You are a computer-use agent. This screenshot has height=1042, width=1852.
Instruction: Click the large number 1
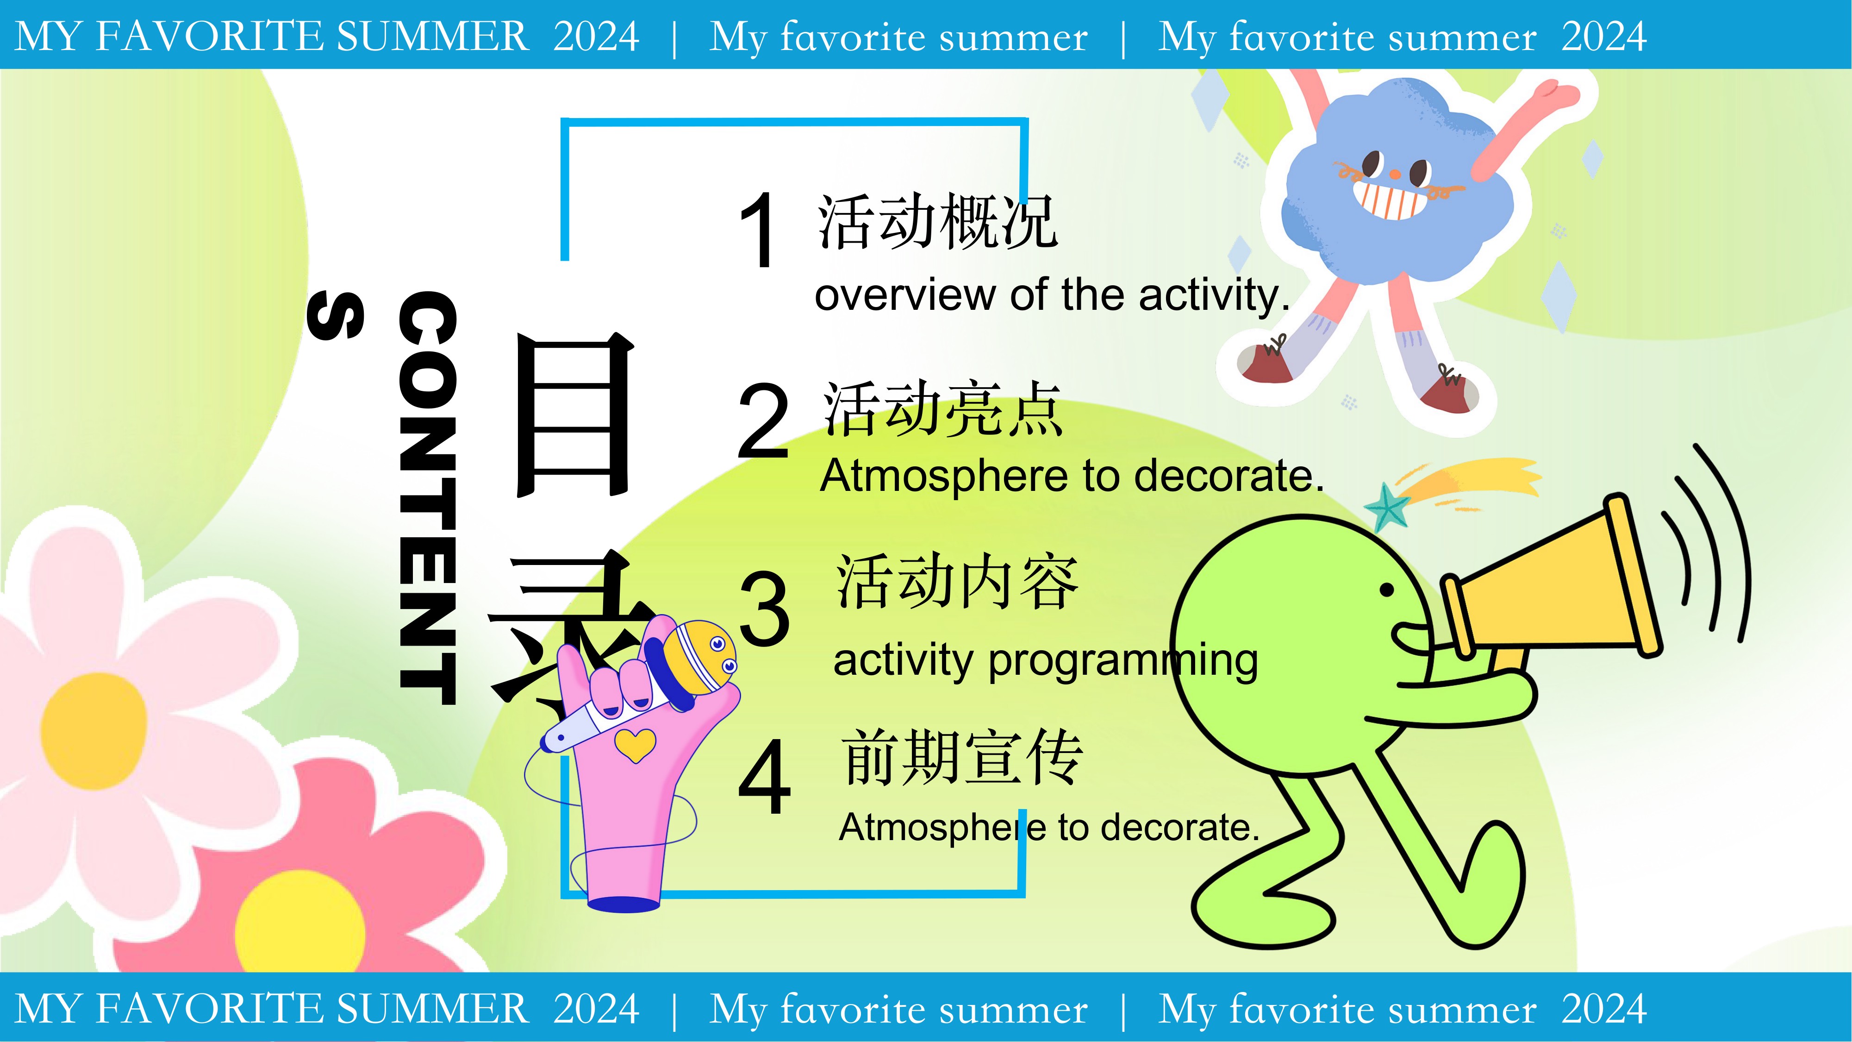(757, 230)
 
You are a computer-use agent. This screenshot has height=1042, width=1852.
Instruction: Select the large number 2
(763, 421)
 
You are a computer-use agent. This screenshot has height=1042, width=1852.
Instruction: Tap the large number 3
(764, 607)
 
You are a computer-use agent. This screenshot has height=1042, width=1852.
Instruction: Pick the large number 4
(764, 778)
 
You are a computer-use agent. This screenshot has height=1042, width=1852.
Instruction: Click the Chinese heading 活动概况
(937, 221)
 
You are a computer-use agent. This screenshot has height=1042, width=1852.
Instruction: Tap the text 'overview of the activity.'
(1052, 295)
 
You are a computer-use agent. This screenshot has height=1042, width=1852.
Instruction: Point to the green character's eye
(1387, 590)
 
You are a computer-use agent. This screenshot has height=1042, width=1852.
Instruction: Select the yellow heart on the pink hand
(636, 745)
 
